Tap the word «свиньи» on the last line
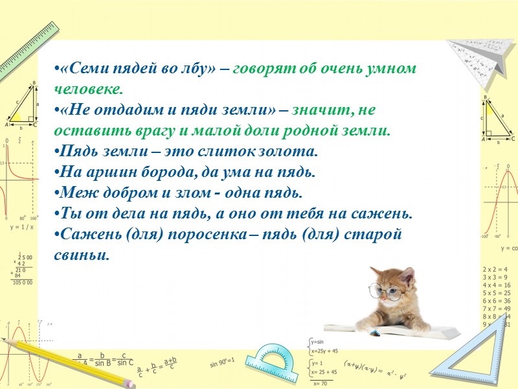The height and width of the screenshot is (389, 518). tap(82, 255)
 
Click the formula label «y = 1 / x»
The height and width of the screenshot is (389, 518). tap(21, 228)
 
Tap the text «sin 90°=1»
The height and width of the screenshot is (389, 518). tap(221, 360)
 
